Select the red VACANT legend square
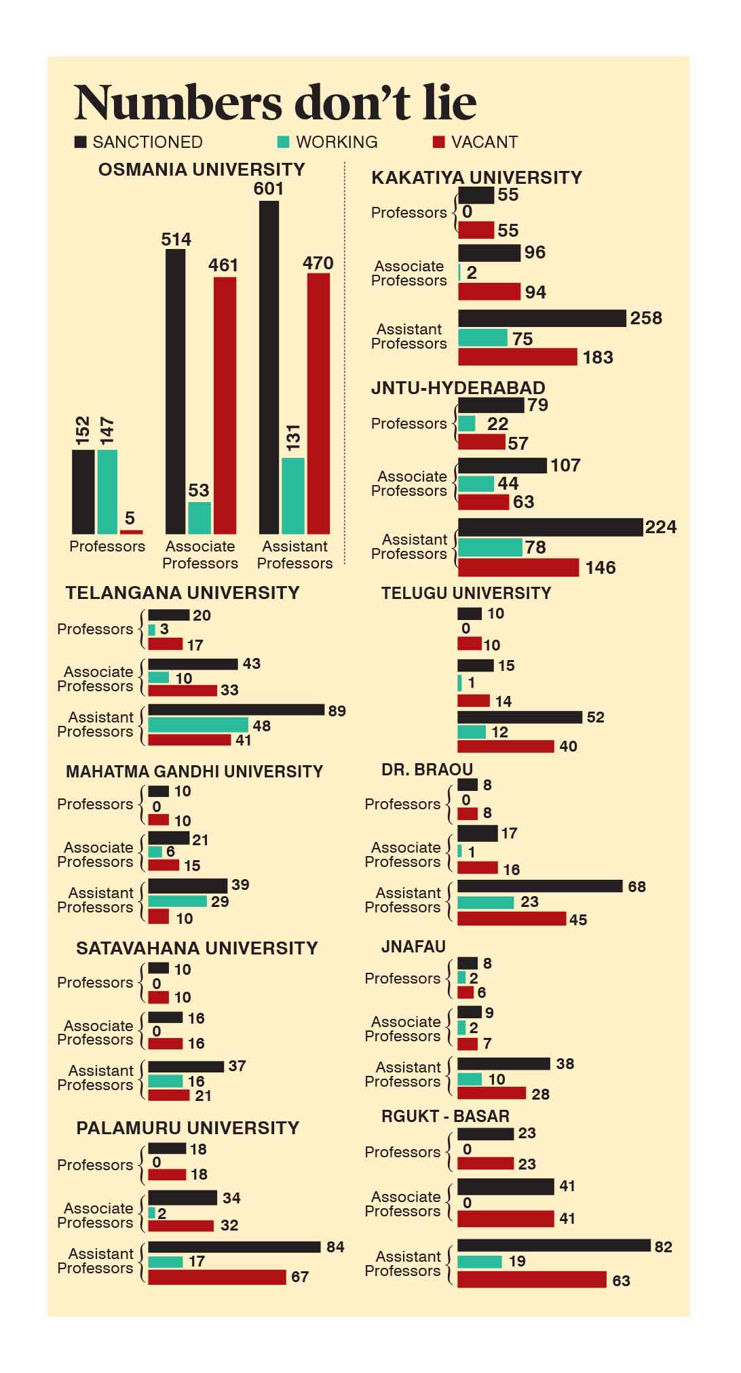438,142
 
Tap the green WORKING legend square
284,142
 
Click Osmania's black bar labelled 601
269,366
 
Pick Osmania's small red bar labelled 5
132,532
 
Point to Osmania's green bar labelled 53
199,518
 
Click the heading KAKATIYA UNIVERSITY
476,178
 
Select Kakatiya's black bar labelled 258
541,318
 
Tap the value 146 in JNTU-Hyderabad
600,568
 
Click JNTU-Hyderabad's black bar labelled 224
550,527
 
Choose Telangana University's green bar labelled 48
198,725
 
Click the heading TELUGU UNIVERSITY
465,593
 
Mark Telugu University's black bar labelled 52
520,717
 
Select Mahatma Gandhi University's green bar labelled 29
177,901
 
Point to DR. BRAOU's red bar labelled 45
512,918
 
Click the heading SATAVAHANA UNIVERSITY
197,948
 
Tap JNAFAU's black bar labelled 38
503,1064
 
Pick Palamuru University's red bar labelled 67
217,1277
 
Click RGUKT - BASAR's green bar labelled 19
479,1262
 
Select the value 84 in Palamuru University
335,1247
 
